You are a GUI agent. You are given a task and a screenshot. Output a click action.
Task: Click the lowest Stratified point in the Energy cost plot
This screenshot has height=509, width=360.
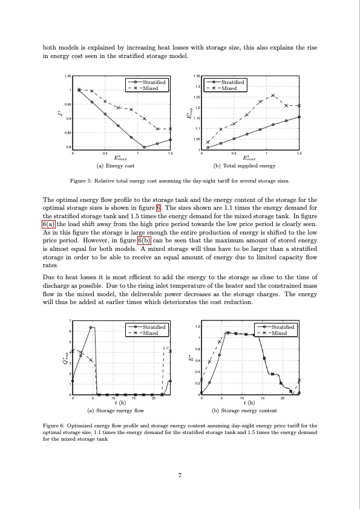(x=144, y=147)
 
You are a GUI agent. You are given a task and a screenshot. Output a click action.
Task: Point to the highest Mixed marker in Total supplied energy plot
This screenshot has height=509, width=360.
(x=273, y=96)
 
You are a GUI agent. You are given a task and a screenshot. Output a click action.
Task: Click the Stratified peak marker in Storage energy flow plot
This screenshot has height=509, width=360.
(x=90, y=328)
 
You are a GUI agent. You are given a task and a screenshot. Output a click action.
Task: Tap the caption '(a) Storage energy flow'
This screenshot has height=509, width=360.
(x=117, y=410)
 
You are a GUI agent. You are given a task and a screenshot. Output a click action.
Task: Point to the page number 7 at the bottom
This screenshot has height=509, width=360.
(x=180, y=475)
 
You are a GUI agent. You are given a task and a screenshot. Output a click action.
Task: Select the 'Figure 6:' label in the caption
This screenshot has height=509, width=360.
(x=57, y=426)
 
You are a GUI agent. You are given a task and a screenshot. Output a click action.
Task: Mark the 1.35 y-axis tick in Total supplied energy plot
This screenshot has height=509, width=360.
(x=196, y=76)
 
